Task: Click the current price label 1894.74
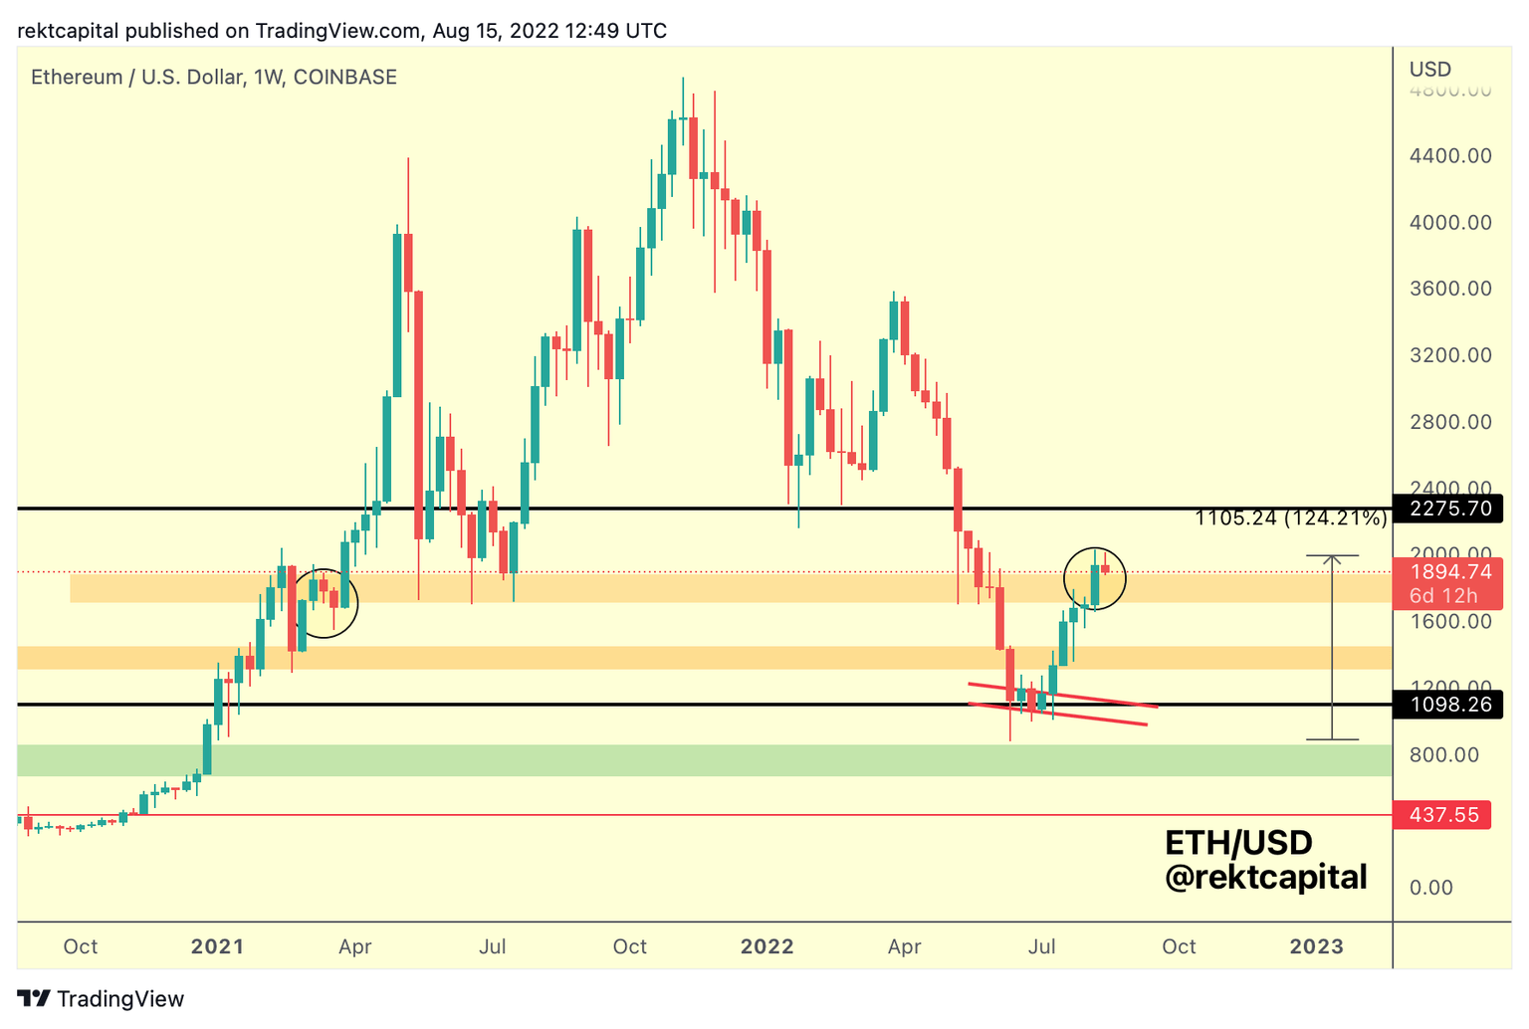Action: coord(1449,571)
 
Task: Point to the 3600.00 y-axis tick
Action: coord(1449,289)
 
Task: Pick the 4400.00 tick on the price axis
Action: coord(1449,155)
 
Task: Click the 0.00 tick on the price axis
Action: coord(1430,888)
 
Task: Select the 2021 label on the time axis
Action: coord(217,946)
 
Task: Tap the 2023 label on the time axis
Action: coord(1316,946)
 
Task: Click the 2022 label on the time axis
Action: coord(766,946)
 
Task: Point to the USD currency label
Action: coord(1429,69)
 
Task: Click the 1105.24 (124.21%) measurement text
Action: coord(1290,517)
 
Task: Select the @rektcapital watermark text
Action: coord(1265,878)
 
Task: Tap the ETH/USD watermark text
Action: coord(1238,843)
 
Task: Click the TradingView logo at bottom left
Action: coord(101,999)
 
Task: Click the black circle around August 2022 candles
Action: coord(1095,577)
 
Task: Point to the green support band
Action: coord(697,760)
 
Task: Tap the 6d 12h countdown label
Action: coord(1442,596)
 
